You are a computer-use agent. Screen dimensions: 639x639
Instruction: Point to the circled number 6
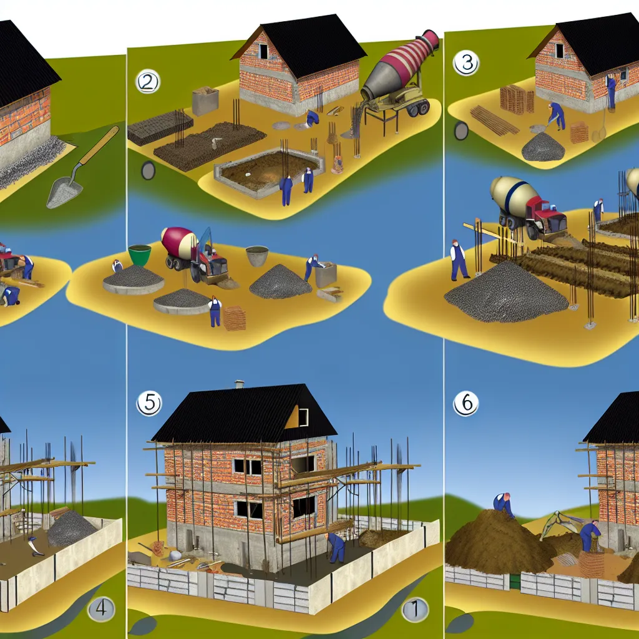(x=466, y=404)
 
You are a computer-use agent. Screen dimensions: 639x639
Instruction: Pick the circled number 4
(x=100, y=609)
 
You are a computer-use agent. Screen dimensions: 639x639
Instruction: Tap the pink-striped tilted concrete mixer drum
(x=399, y=66)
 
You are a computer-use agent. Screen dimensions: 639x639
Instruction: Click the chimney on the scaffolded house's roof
(x=238, y=384)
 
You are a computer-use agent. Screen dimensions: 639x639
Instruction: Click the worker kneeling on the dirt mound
(x=504, y=503)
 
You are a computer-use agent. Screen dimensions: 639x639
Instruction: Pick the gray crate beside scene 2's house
(x=205, y=100)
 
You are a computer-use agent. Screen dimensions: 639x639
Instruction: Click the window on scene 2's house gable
(x=263, y=51)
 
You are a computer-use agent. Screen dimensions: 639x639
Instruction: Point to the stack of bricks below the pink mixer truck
(x=235, y=318)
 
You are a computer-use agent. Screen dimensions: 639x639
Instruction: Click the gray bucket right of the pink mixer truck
(x=257, y=256)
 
